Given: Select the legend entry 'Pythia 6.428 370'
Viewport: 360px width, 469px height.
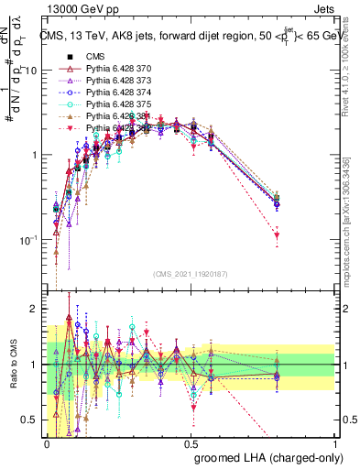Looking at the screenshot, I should coord(104,69).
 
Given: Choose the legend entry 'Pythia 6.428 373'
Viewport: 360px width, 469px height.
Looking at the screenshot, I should coord(104,81).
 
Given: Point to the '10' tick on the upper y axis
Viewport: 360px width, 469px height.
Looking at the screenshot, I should coord(31,71).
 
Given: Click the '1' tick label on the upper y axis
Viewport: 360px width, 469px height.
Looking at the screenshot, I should coord(35,155).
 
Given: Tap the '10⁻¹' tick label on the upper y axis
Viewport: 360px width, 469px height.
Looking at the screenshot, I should coord(29,240).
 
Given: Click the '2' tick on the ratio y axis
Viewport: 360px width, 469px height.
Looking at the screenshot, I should coord(35,310).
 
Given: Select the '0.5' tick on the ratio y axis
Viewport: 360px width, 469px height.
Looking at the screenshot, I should coord(30,420).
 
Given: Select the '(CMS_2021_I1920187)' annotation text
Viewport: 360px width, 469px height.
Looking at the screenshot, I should coord(191,273).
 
